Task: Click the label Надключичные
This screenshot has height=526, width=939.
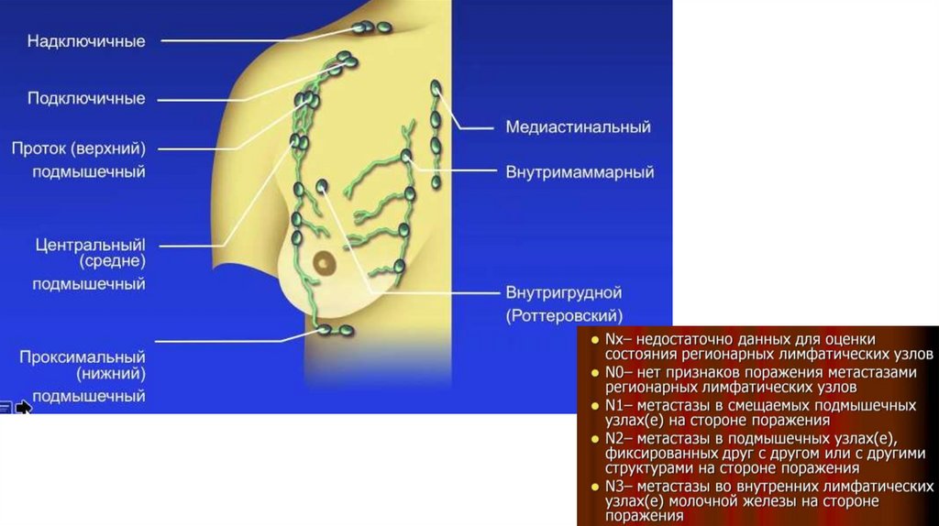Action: pos(86,41)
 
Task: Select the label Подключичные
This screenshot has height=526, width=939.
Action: pos(86,98)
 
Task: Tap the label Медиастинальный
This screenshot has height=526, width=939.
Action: pos(578,127)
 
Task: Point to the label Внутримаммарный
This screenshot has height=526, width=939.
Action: pos(580,171)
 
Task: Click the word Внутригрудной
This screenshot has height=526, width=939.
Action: pos(564,293)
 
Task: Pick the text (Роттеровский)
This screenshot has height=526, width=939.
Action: pos(564,315)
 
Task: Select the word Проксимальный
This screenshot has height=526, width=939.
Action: pos(83,355)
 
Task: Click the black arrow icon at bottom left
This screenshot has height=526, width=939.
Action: pos(23,407)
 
